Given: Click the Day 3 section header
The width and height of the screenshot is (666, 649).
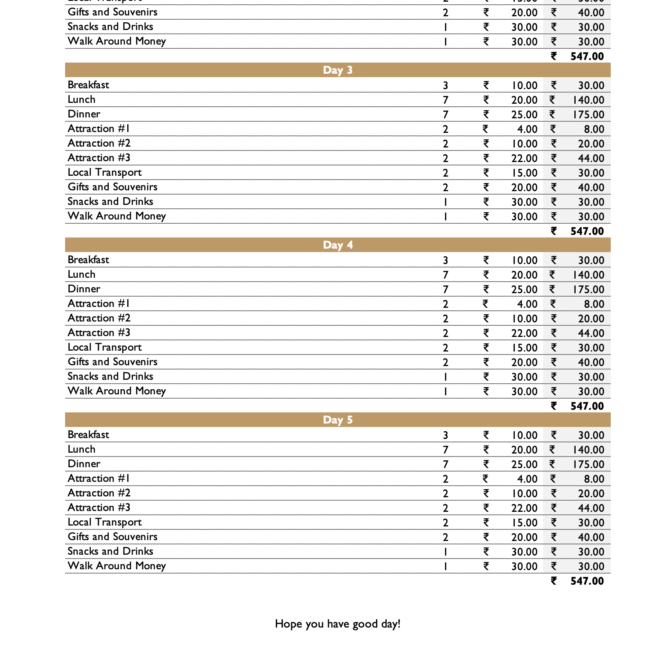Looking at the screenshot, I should tap(337, 70).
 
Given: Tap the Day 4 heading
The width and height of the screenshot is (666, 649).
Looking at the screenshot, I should tap(337, 245).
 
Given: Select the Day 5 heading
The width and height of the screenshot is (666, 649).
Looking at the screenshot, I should tap(337, 420).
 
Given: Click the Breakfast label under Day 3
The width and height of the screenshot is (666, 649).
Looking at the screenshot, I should tap(88, 85).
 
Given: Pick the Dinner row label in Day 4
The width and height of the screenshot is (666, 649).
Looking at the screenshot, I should tap(84, 289).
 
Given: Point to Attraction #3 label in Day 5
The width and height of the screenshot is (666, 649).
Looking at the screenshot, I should tap(99, 508).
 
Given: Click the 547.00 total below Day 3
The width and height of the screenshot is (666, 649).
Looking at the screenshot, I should tap(587, 231).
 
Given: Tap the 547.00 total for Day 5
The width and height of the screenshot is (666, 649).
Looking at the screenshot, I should tap(587, 581).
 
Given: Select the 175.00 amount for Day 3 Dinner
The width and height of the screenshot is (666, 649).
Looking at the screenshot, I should tap(588, 115).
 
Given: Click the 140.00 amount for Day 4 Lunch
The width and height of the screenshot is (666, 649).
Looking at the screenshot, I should tap(588, 275).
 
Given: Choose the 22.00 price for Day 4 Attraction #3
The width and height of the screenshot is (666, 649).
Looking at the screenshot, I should tap(524, 334).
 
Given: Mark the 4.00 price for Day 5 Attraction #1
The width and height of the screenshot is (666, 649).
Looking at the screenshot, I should tap(527, 479).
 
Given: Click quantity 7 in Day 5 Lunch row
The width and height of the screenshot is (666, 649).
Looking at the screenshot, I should tap(445, 450).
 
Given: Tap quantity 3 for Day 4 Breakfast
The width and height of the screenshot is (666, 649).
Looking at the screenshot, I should tap(445, 261).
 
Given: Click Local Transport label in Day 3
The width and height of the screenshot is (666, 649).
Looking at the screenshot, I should tap(105, 172).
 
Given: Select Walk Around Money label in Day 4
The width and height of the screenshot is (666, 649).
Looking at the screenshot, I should tap(116, 391).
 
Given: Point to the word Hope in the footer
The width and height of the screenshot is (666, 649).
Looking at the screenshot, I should tap(289, 624).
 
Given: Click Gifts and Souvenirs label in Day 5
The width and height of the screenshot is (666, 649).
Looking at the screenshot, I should tap(113, 537).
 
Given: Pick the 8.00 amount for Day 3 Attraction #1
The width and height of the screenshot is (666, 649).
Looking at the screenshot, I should tap(594, 129).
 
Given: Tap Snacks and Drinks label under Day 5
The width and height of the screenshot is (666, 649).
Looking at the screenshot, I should tap(111, 551).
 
